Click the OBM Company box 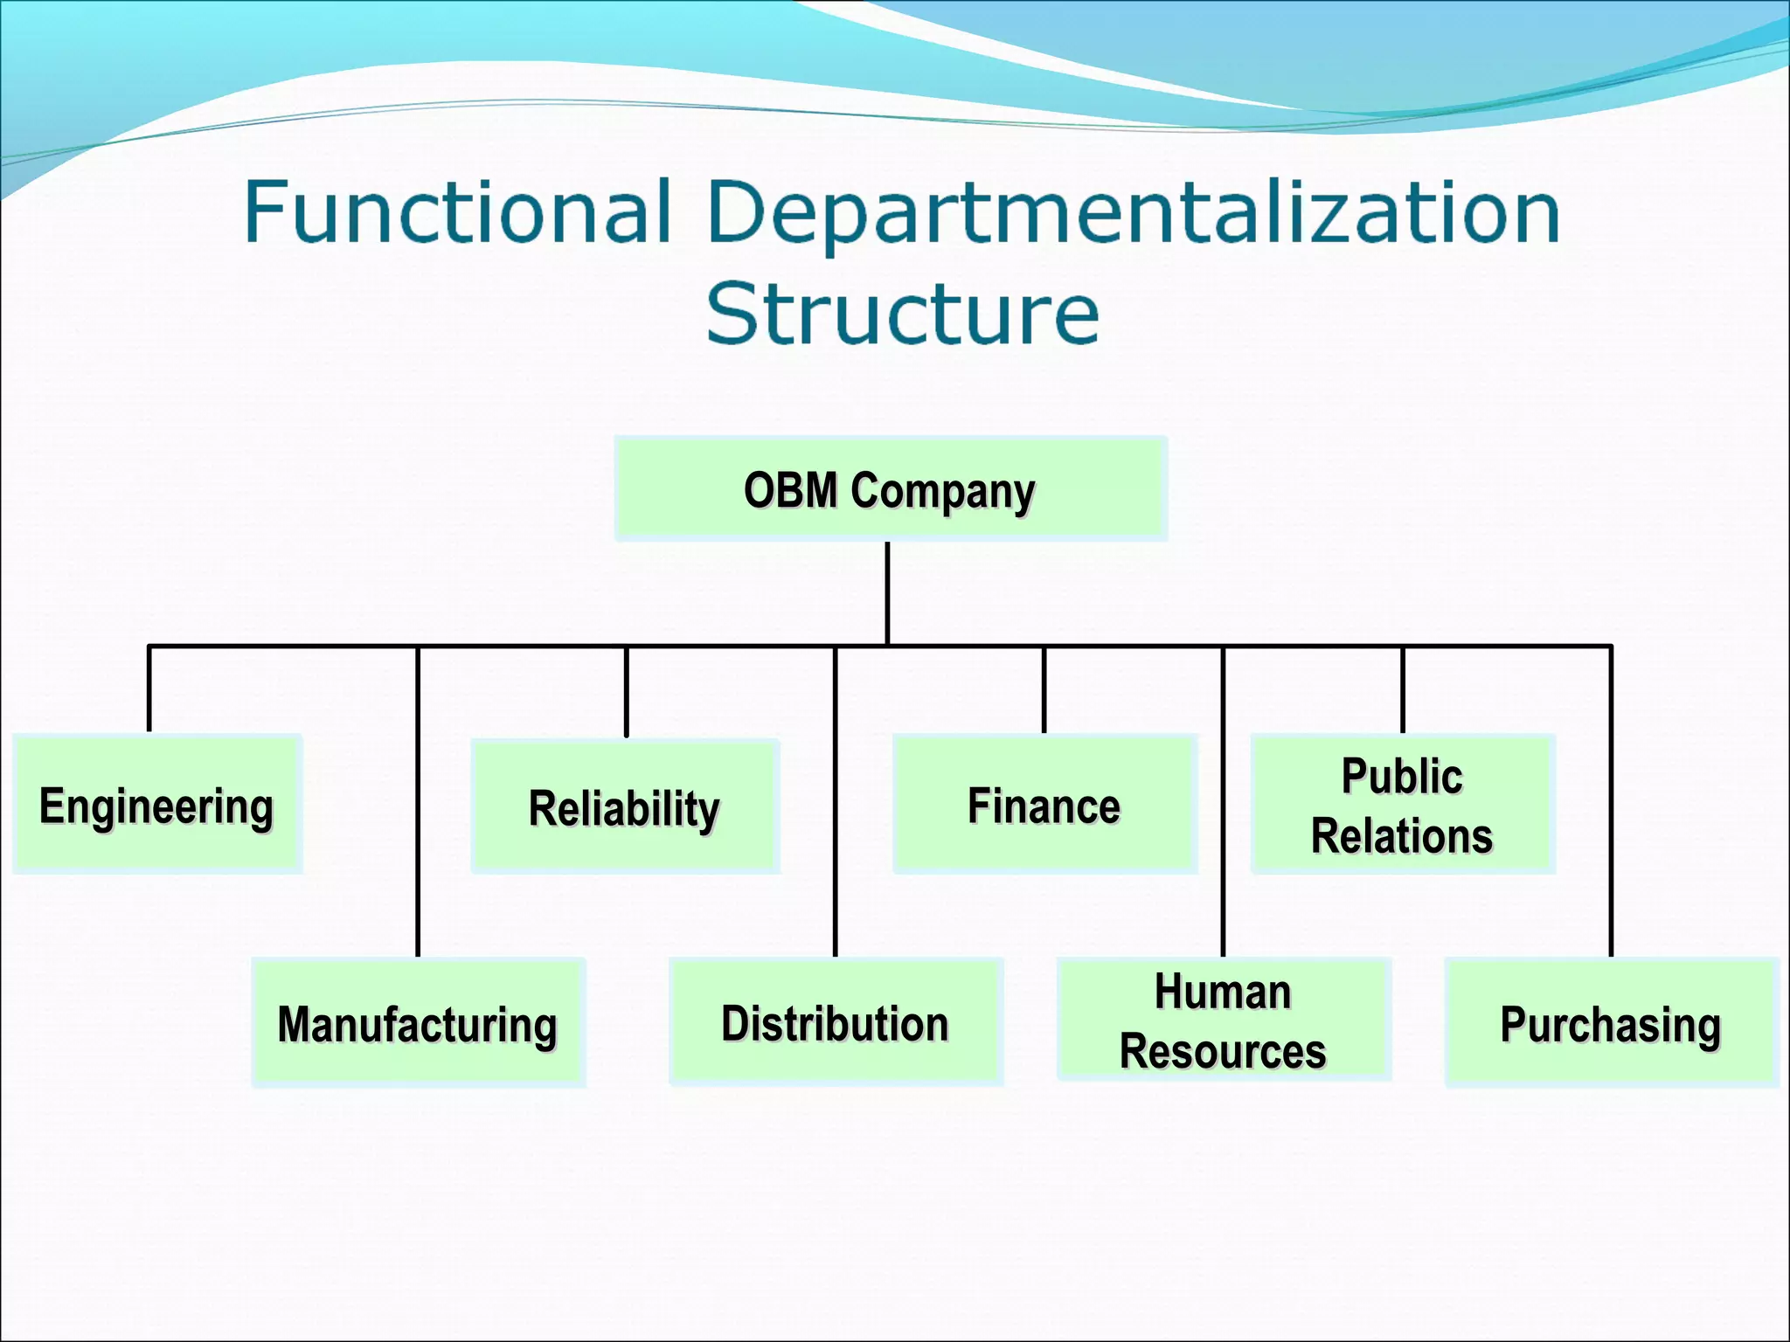point(890,489)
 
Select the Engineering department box point(157,805)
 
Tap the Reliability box point(624,806)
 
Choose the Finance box point(1044,805)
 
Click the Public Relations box point(1402,805)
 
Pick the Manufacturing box point(418,1023)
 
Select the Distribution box point(836,1022)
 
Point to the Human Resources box point(1223,1020)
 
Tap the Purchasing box point(1611,1023)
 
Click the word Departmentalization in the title point(1133,213)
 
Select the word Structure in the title point(902,313)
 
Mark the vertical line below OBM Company point(887,594)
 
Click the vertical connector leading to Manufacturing point(418,804)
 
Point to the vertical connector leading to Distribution point(836,804)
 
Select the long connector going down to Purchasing point(1611,804)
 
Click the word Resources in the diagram point(1223,1051)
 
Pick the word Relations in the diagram point(1402,836)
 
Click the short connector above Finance point(1044,690)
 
